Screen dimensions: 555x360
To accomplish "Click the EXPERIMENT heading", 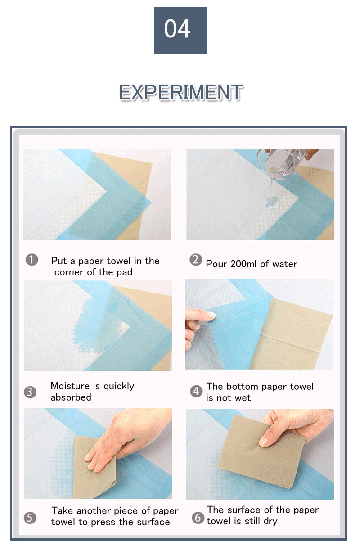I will [181, 92].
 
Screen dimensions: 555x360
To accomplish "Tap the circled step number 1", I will [31, 260].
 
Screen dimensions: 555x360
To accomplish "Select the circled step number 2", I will [195, 260].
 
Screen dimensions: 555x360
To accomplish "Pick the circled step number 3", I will [30, 392].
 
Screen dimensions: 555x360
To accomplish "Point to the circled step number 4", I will [196, 392].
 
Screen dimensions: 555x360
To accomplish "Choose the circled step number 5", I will [30, 518].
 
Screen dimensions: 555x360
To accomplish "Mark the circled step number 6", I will [198, 518].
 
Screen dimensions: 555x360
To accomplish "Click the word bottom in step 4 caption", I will [243, 387].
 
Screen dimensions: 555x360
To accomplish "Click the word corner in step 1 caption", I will [68, 272].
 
